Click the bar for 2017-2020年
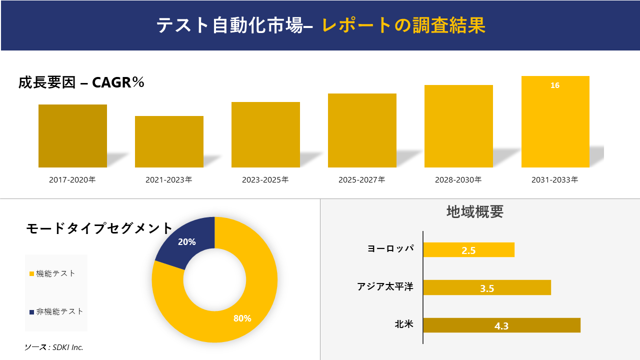72,136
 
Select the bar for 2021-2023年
169,141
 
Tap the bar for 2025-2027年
362,130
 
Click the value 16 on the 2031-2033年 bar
555,85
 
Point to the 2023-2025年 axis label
265,179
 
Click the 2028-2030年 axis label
458,179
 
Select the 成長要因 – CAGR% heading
81,82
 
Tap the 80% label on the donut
242,318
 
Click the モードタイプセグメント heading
99,228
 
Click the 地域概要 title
474,211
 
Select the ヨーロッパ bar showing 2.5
468,250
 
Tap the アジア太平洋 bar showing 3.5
487,287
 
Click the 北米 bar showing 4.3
501,325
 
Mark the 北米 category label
404,324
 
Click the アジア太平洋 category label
385,286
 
